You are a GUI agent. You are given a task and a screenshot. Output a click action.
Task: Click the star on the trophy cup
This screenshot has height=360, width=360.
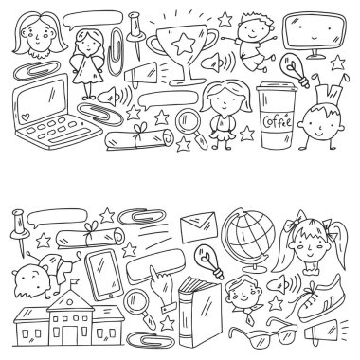(183, 44)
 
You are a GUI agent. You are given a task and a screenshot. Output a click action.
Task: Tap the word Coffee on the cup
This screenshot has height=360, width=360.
(278, 121)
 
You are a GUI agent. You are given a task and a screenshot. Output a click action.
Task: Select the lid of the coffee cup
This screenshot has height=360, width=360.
(277, 87)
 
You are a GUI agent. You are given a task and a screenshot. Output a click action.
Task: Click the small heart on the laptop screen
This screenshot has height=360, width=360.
(25, 117)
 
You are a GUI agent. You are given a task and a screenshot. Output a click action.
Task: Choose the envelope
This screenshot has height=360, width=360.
(199, 227)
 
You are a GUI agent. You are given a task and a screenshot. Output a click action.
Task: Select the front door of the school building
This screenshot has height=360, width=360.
(70, 335)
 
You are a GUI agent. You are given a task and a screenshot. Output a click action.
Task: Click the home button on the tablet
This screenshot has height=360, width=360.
(111, 296)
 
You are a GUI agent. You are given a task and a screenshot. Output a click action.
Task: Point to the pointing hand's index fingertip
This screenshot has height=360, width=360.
(153, 268)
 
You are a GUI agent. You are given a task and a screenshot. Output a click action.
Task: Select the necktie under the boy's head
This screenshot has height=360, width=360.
(251, 318)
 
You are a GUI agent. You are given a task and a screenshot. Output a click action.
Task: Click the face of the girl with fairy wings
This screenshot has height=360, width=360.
(88, 44)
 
